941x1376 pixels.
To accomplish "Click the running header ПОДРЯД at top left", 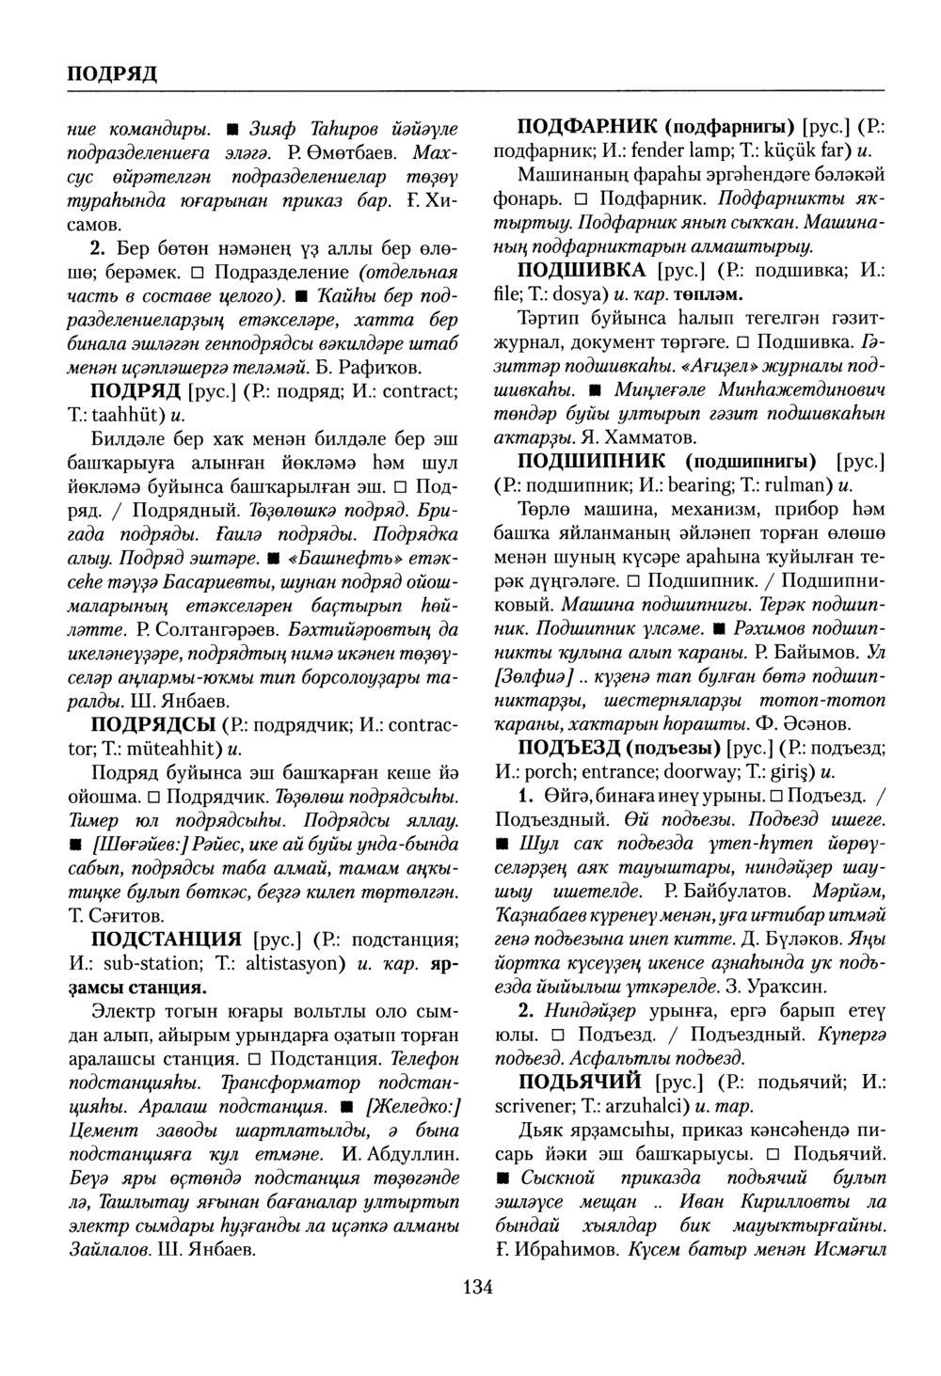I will tap(112, 73).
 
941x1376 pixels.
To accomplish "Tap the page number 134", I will tap(477, 1288).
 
